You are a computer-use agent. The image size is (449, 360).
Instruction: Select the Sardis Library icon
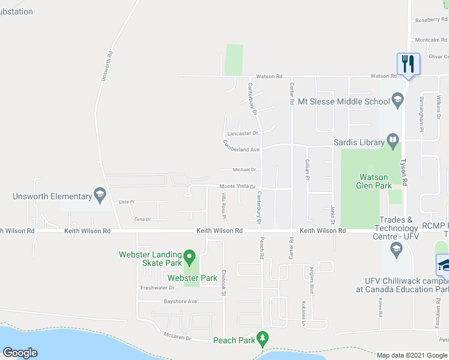393,142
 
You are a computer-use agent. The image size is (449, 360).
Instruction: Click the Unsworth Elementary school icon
100,195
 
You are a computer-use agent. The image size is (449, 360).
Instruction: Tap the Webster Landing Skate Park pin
190,259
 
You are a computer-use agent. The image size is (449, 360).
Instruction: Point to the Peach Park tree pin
262,339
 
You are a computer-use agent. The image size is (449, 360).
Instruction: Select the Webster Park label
192,278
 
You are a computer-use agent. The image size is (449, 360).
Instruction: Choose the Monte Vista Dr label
238,187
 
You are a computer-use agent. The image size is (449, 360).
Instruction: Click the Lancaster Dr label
243,133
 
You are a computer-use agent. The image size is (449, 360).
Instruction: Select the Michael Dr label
245,170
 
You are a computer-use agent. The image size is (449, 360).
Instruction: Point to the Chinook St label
223,279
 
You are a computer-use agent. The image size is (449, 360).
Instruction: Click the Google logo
20,353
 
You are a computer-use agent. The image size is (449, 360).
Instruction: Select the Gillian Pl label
307,167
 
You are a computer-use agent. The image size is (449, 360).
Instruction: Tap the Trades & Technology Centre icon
396,247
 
